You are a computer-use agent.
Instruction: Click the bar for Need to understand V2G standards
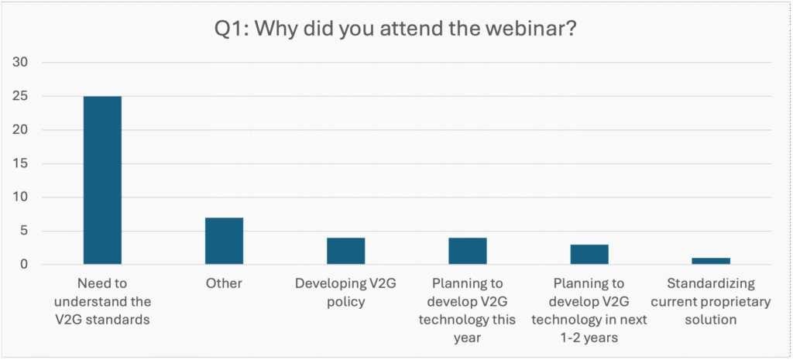pyautogui.click(x=102, y=180)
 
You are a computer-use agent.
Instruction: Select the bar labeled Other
pyautogui.click(x=224, y=241)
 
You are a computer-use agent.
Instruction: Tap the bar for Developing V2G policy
pyautogui.click(x=345, y=251)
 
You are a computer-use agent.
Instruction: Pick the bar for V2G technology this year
pyautogui.click(x=468, y=251)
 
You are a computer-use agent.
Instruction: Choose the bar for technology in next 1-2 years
pyautogui.click(x=589, y=255)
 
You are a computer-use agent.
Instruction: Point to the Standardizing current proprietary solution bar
pyautogui.click(x=711, y=261)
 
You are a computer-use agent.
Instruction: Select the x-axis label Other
pyautogui.click(x=224, y=283)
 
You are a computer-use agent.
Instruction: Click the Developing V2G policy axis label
pyautogui.click(x=345, y=292)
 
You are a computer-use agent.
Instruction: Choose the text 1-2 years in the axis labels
pyautogui.click(x=589, y=338)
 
